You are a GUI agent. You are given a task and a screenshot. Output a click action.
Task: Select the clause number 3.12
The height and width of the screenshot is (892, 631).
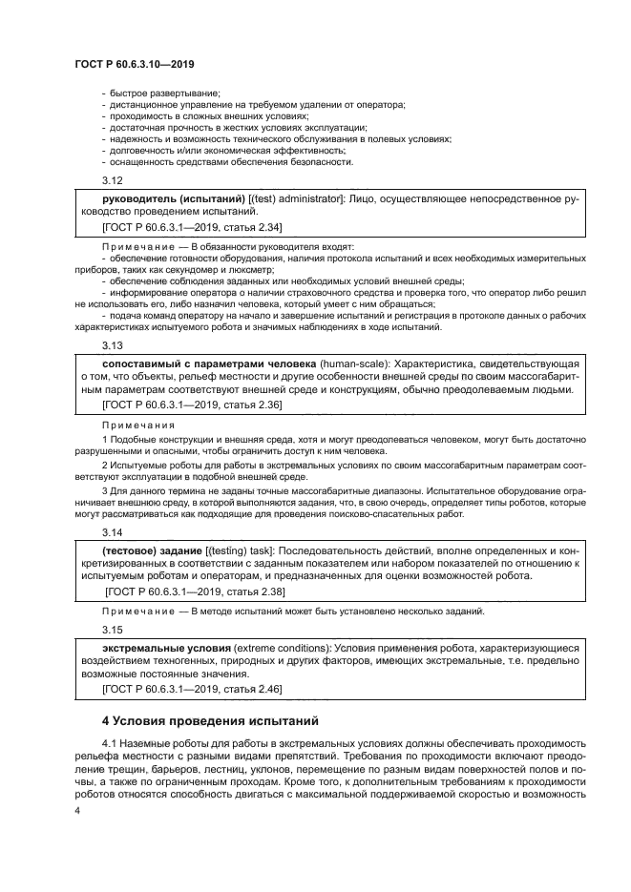112,180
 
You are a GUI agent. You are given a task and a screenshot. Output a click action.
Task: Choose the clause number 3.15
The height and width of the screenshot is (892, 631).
112,630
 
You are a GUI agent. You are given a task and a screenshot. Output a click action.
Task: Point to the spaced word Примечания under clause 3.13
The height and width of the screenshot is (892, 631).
139,425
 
